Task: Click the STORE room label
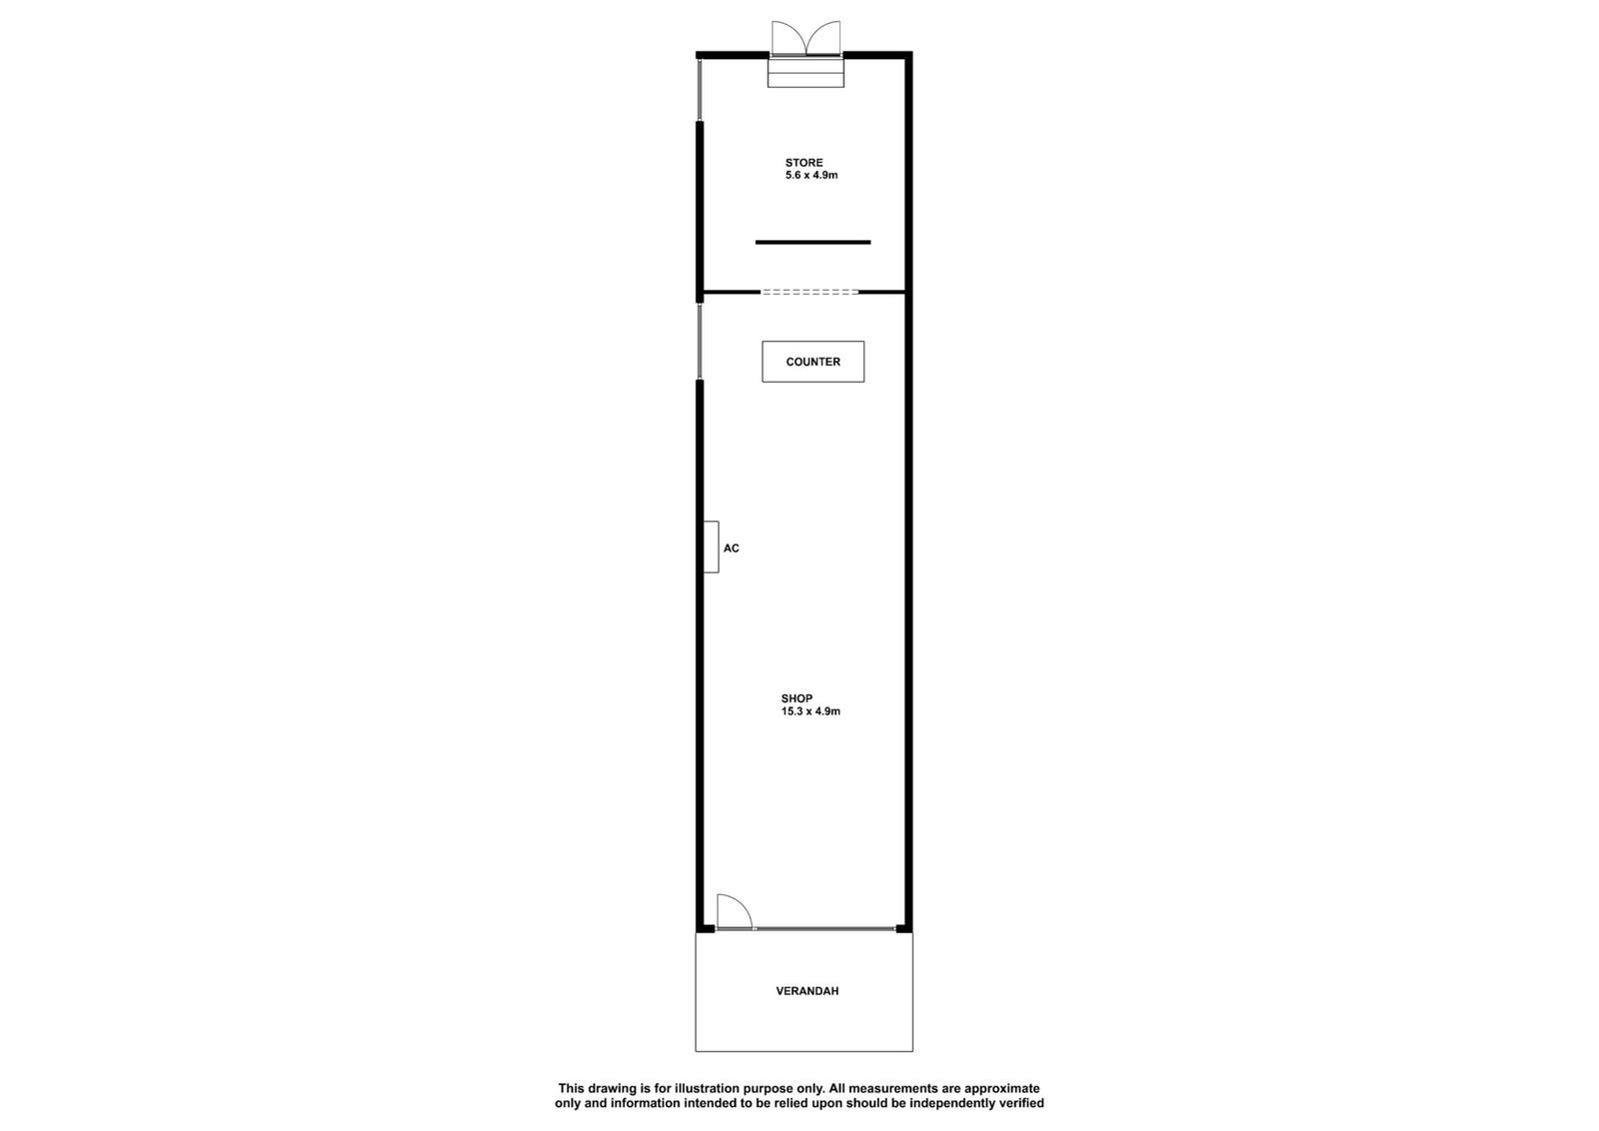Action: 803,163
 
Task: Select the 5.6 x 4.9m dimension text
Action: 811,175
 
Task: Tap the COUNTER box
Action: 813,362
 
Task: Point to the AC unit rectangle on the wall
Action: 711,547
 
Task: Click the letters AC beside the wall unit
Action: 731,549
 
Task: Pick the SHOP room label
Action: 797,698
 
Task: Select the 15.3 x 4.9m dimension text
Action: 810,711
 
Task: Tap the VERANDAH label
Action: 807,991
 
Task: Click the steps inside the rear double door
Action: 805,72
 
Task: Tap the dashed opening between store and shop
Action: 809,292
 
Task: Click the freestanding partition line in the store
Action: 813,243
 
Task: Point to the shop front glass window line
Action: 824,928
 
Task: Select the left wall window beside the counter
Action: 700,341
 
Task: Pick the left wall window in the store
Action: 700,91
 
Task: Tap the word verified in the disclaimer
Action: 1020,1103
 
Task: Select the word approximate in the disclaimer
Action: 1002,1089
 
